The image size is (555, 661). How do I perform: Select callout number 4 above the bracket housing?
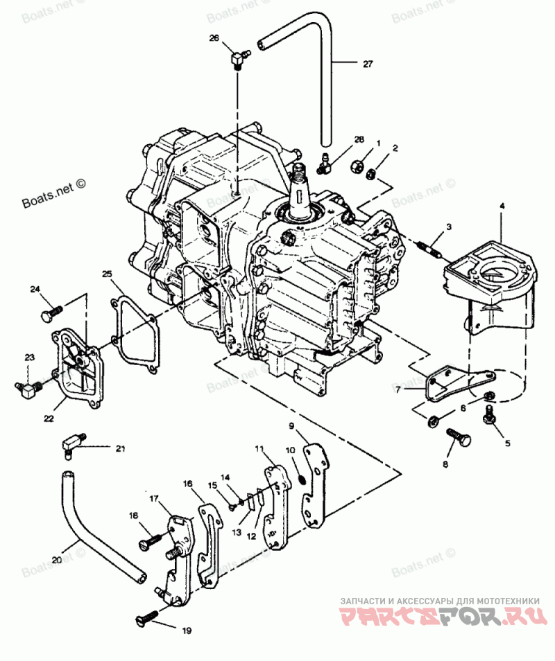tap(502, 206)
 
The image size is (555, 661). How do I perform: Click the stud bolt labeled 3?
tap(427, 248)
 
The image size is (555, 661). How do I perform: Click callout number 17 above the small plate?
tap(154, 498)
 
